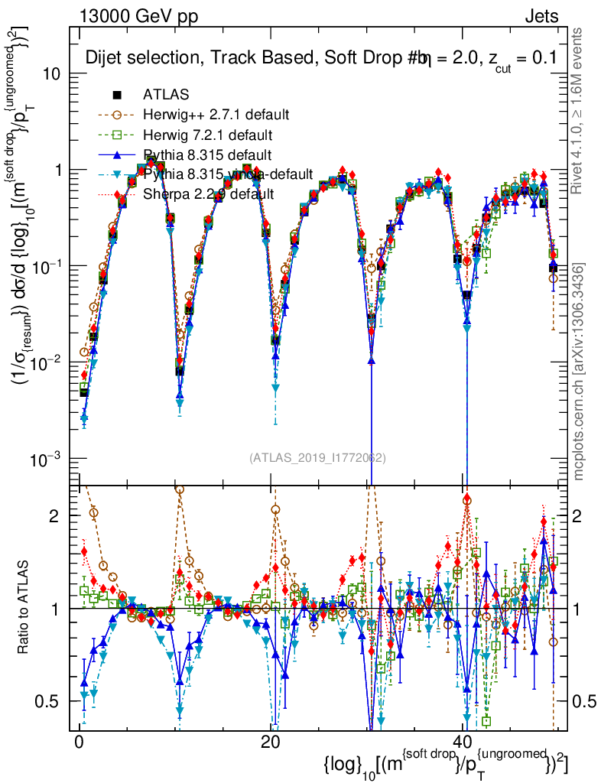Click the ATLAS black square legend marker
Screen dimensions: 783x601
pos(117,95)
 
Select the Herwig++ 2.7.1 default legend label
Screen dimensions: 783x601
pos(216,115)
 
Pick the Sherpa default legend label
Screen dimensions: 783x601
pos(208,194)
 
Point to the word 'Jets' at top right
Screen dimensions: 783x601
pos(541,16)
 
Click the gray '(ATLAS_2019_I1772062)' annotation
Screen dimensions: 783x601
pos(317,458)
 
